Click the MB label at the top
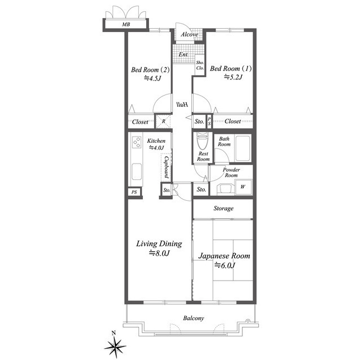tap(126, 24)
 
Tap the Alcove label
tap(190, 34)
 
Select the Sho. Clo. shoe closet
tap(200, 65)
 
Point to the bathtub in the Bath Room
tap(242, 148)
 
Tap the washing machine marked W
tap(243, 187)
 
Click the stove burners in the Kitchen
tap(137, 142)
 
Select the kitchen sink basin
tap(137, 172)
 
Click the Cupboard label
tap(166, 168)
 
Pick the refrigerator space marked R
tap(163, 121)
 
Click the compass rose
tap(115, 346)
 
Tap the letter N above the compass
tap(114, 333)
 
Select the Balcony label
tap(193, 318)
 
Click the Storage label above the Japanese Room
tap(223, 208)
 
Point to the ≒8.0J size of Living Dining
tap(159, 253)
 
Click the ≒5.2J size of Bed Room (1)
tap(233, 77)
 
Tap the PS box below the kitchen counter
tap(134, 192)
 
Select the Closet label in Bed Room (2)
tap(140, 121)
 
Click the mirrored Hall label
tap(182, 105)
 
